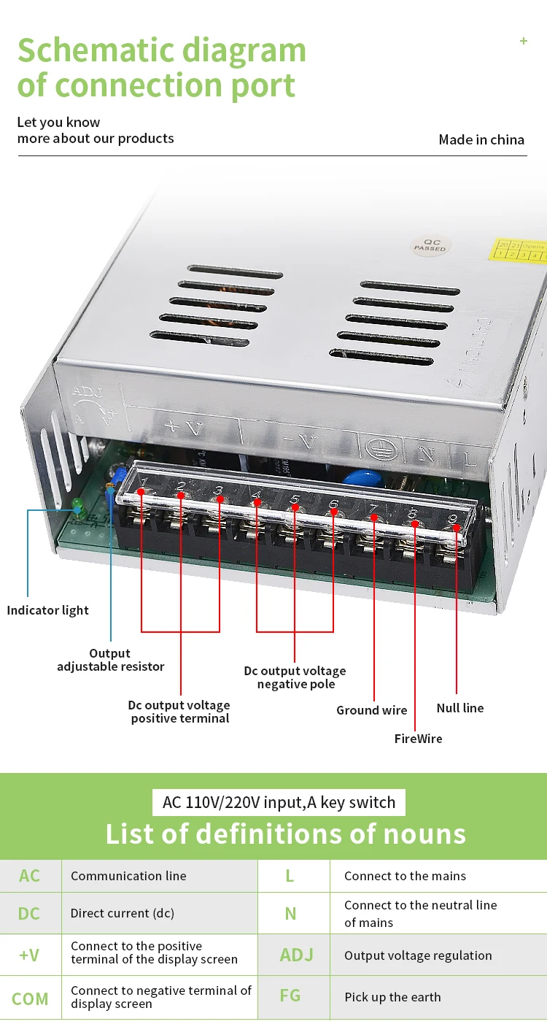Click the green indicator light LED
tap(77, 505)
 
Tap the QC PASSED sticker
tap(430, 245)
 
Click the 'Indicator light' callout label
tap(48, 610)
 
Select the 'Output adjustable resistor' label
tap(111, 660)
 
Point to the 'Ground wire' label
tap(372, 710)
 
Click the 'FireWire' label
tap(419, 739)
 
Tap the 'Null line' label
tap(460, 708)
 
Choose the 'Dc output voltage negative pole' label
tap(295, 677)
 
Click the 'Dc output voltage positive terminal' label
tap(179, 712)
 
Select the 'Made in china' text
tap(481, 139)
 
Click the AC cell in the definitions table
tap(30, 876)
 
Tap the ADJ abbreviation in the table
tap(296, 955)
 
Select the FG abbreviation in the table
tap(290, 996)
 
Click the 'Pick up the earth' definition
tap(392, 997)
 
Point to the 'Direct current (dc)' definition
tap(123, 913)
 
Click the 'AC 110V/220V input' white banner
tap(279, 802)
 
